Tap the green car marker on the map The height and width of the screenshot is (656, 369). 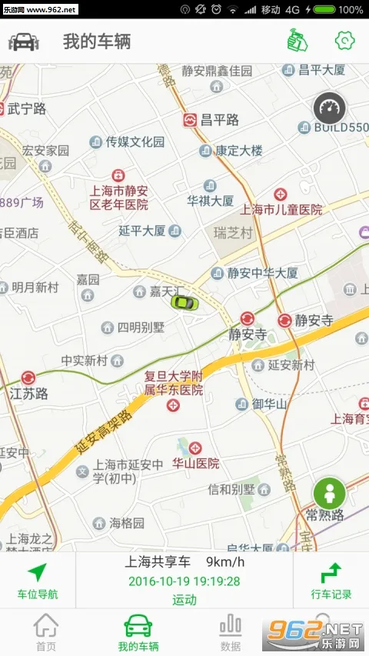tap(184, 302)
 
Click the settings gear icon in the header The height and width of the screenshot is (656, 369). tap(344, 41)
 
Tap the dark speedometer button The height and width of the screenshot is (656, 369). tap(330, 107)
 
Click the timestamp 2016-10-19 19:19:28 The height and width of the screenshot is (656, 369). tap(184, 581)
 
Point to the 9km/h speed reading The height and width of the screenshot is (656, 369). tap(223, 562)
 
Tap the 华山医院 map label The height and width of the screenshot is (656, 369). tap(195, 463)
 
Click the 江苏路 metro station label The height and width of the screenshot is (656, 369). tap(29, 393)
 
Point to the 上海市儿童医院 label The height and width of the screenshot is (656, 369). tap(281, 209)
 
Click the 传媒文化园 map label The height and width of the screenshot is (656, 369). tap(135, 142)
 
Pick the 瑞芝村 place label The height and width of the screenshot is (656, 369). tap(233, 231)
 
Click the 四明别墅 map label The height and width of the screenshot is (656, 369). tap(141, 327)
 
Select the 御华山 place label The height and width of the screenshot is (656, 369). tap(269, 404)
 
